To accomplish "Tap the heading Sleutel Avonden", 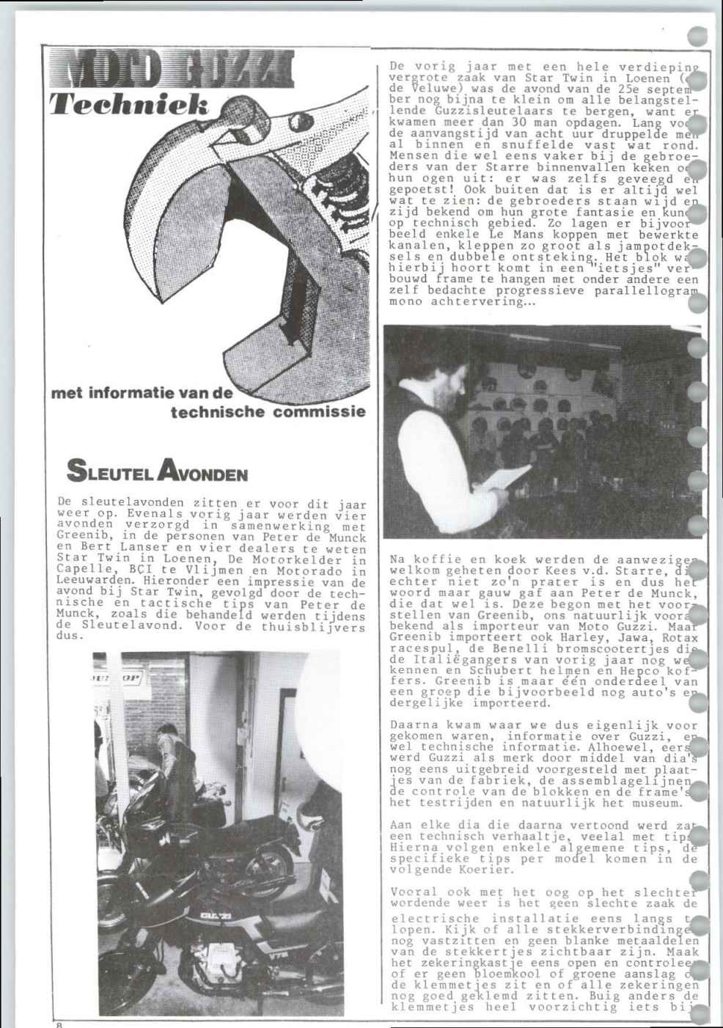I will pyautogui.click(x=157, y=470).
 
